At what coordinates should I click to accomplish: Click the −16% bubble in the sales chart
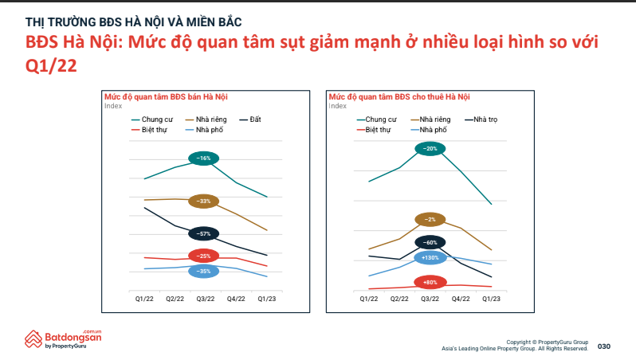click(203, 158)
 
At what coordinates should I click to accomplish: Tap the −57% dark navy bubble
click(203, 234)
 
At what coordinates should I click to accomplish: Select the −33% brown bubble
click(203, 201)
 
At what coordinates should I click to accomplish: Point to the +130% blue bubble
click(430, 258)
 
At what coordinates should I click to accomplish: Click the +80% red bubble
click(430, 282)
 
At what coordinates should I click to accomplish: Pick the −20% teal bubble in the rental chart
click(430, 149)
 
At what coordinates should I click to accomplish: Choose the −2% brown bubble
click(430, 220)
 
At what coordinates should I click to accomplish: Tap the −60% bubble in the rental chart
click(430, 243)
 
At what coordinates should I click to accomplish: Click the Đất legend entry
click(250, 119)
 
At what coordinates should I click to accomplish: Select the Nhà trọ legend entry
click(481, 119)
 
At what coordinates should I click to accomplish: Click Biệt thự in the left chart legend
click(149, 130)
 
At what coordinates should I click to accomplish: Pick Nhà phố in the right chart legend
click(429, 130)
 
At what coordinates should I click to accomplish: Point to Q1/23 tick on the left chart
click(267, 299)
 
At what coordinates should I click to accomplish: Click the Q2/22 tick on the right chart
click(399, 299)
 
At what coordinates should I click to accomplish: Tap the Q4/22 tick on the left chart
click(236, 299)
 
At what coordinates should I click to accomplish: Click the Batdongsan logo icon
click(33, 339)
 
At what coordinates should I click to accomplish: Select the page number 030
click(604, 346)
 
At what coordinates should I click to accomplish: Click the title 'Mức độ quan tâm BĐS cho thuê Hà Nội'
click(399, 97)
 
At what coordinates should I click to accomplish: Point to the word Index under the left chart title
click(113, 106)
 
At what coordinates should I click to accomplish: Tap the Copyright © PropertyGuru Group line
click(548, 342)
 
